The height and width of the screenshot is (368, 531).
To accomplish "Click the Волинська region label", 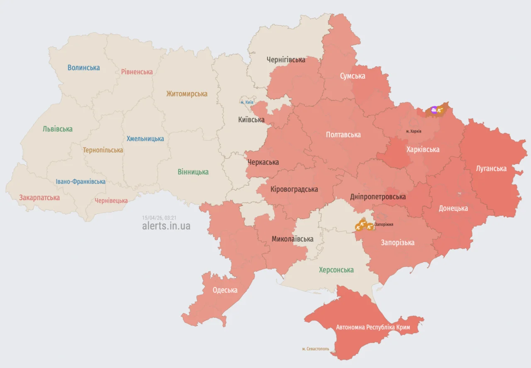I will point(84,68).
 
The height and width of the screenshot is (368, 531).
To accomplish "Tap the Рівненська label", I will point(137,72).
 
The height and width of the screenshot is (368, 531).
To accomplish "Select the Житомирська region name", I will point(187,94).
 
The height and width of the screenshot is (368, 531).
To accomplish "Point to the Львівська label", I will point(58,129).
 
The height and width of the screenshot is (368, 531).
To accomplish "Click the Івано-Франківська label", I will point(80,182).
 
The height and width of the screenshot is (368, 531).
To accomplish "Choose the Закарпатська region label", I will point(39,198).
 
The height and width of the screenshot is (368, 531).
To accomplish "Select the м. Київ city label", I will point(247,102).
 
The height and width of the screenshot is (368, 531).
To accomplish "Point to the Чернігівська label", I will point(286,60).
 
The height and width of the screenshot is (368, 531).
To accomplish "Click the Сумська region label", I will point(353,76).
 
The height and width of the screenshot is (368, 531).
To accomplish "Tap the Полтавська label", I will point(343,135).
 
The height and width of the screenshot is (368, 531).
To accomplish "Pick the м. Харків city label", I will point(414,131).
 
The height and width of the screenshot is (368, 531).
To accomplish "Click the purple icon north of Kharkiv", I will point(434,110).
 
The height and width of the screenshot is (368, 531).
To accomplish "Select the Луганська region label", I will point(491,169).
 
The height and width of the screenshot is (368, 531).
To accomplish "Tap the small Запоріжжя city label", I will point(384,224).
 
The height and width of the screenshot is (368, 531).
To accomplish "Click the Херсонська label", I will point(336,270).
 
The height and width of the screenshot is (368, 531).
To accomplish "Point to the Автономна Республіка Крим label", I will point(373,327).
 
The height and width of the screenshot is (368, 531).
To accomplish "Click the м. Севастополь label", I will point(315,349).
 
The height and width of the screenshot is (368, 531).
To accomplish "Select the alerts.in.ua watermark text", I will point(166,226).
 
